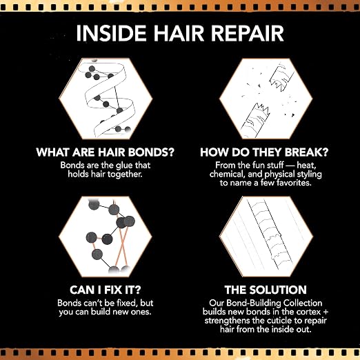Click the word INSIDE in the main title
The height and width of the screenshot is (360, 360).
point(111,33)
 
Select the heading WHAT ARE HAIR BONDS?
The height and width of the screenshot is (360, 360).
point(106,152)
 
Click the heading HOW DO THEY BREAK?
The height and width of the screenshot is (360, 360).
point(264,152)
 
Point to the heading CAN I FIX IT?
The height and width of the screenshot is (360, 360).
point(106,290)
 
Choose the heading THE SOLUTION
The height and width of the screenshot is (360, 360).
point(266,290)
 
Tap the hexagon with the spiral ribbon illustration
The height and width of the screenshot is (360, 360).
point(106,99)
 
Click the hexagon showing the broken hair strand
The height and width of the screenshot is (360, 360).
point(266,99)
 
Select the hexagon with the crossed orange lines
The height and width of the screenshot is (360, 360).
point(106,237)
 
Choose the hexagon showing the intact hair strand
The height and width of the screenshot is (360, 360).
point(266,237)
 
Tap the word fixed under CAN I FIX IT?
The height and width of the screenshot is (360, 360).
point(126,303)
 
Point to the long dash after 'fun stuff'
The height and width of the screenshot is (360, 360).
point(290,166)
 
